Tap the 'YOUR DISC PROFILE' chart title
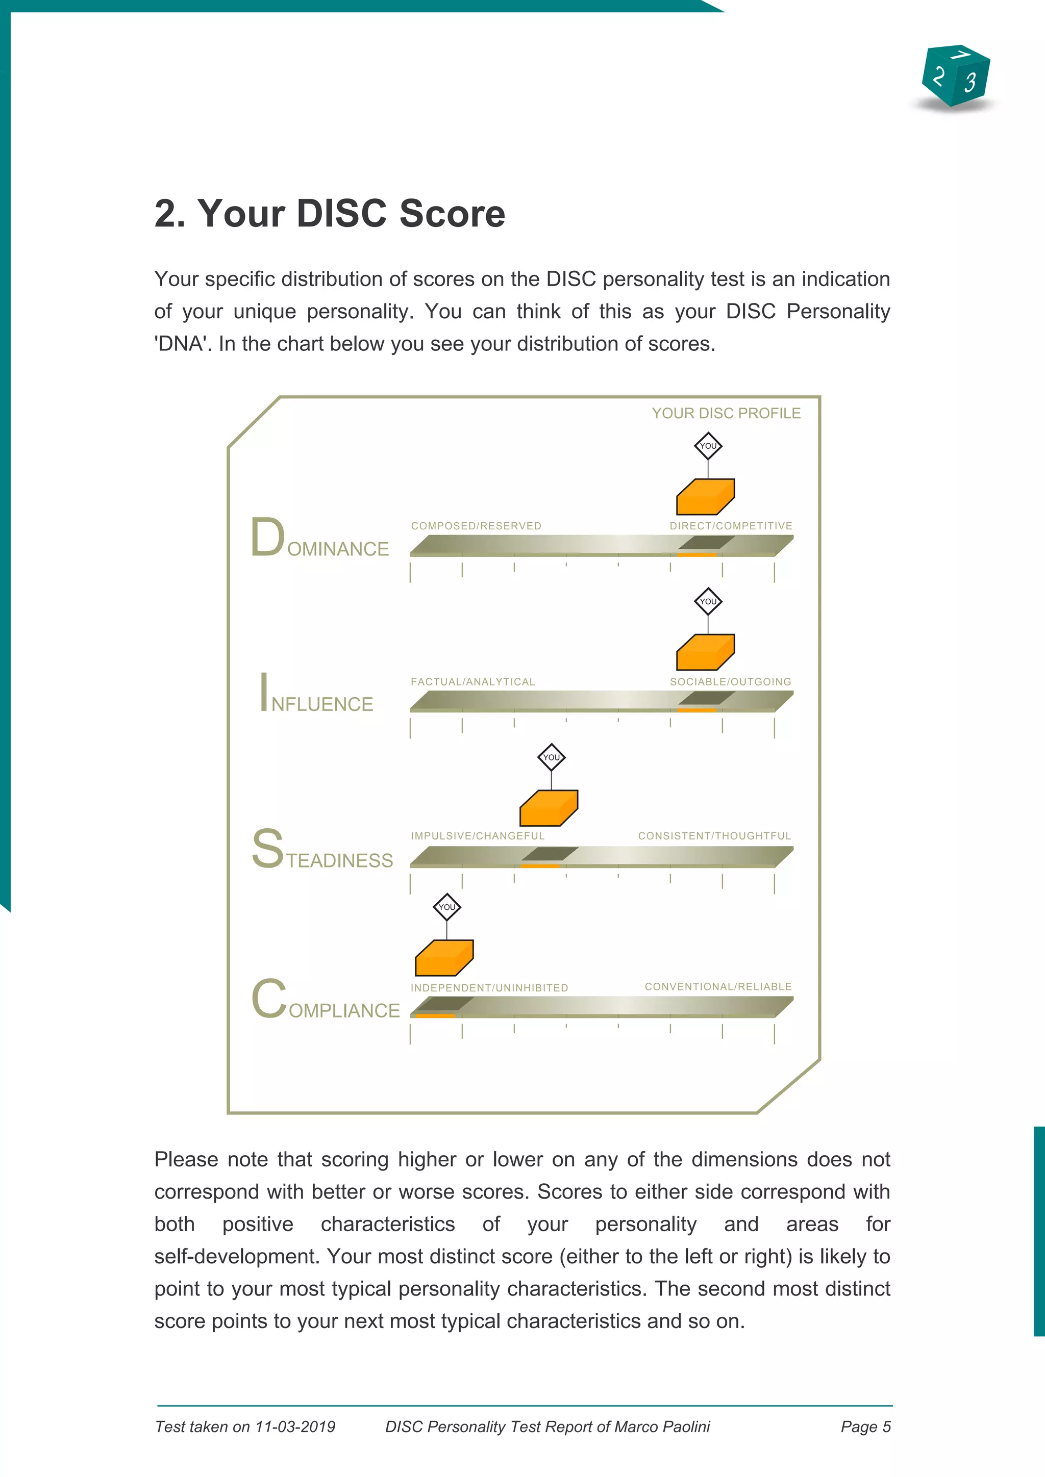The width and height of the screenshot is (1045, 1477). point(726,413)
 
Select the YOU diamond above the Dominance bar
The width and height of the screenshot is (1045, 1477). point(708,445)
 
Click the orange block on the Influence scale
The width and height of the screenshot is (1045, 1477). point(705,652)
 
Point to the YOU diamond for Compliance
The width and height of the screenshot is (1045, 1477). point(446,907)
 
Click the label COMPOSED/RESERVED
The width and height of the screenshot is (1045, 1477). point(476,526)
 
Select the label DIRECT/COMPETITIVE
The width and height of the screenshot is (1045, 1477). point(731,526)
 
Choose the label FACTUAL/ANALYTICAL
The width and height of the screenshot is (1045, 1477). point(473,682)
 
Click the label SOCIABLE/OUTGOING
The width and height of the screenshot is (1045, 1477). point(730,682)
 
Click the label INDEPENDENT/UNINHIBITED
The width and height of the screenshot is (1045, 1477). point(489,987)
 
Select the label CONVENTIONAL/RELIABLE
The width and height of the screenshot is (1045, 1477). point(718,986)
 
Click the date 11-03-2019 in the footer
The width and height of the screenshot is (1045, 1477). point(295,1427)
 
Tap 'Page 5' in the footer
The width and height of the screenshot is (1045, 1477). point(865,1427)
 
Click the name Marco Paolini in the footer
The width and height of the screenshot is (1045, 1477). point(662,1427)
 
